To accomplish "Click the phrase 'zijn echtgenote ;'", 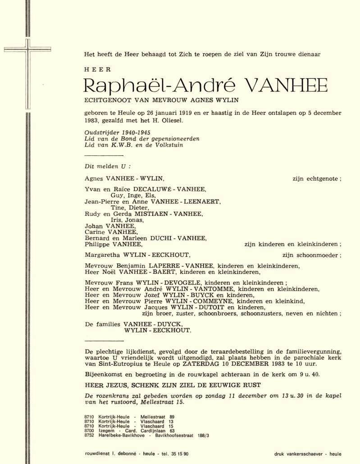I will [317, 178].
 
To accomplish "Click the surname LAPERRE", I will [164, 266].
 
